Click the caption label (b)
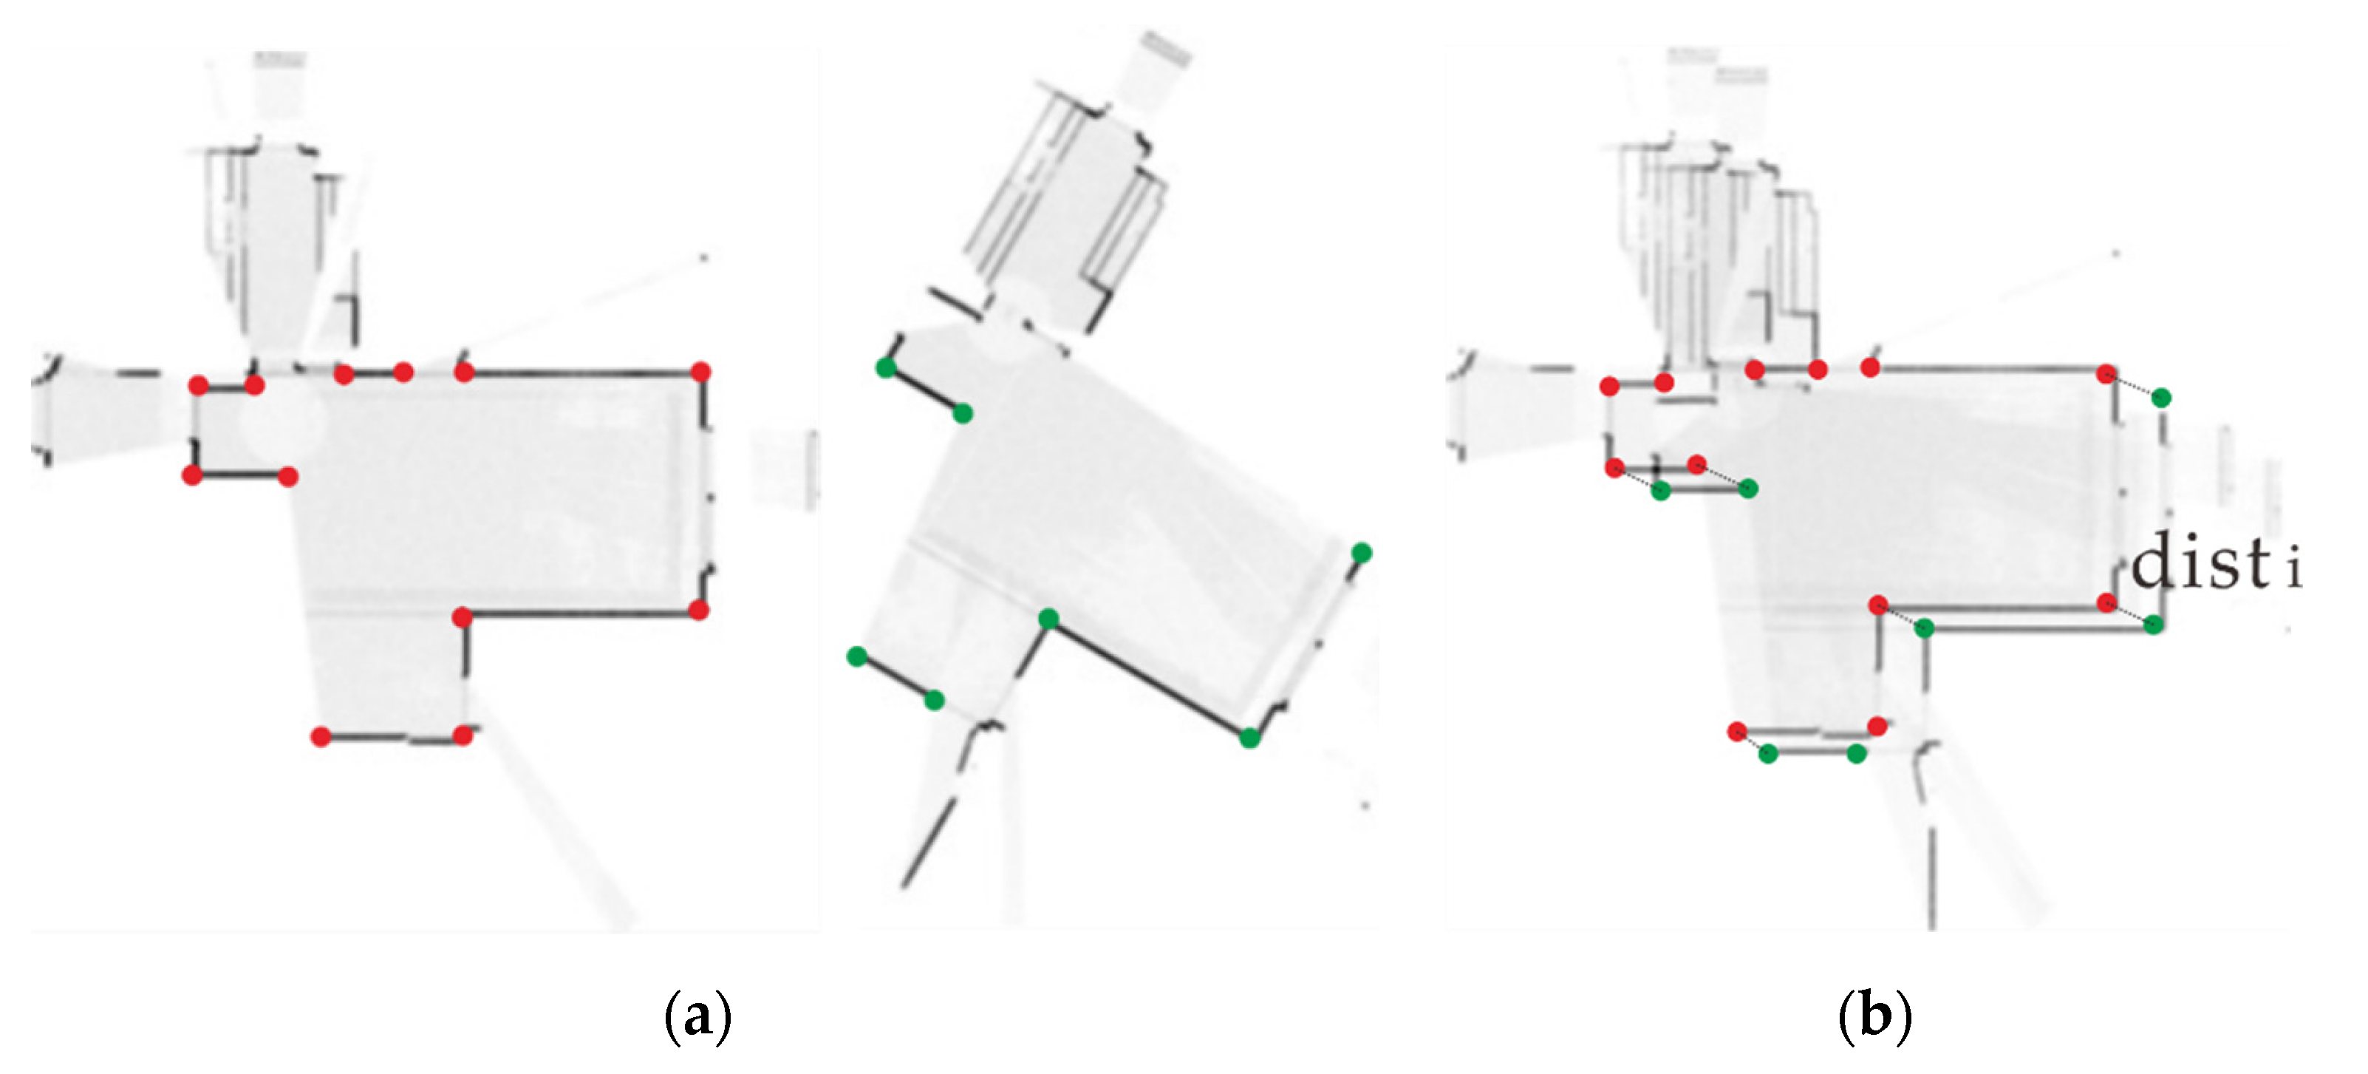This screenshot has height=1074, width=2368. point(1875,1015)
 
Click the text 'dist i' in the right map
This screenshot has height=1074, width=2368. point(2215,563)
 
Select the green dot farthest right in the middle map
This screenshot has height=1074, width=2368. point(1362,553)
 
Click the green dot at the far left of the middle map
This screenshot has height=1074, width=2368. point(856,656)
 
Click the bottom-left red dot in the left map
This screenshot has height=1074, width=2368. point(321,736)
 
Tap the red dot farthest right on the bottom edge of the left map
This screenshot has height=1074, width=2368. point(463,735)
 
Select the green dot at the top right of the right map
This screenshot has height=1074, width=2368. point(2161,397)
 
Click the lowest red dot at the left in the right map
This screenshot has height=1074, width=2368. point(1736,732)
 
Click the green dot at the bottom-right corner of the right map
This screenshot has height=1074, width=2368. point(2154,625)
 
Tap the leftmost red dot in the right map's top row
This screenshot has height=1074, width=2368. point(1608,386)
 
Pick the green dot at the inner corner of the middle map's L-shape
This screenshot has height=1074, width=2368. point(1048,618)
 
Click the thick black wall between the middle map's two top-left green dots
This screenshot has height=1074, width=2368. point(924,392)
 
